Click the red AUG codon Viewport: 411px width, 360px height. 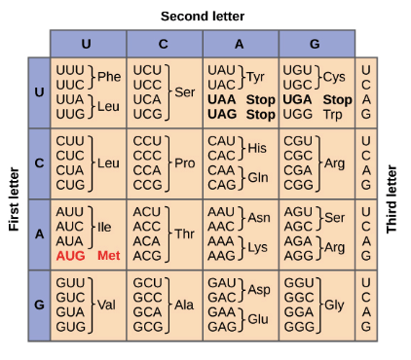pyautogui.click(x=70, y=256)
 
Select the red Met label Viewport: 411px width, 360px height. pyautogui.click(x=109, y=256)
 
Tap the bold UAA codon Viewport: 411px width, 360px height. pyautogui.click(x=222, y=99)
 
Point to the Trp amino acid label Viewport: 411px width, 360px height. pyautogui.click(x=332, y=115)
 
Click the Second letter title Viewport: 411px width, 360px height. pyautogui.click(x=203, y=17)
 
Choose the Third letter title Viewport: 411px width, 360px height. pyautogui.click(x=392, y=199)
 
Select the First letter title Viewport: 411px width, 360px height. pyautogui.click(x=14, y=199)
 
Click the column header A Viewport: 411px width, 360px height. pyautogui.click(x=240, y=44)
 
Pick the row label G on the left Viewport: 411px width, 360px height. pyautogui.click(x=39, y=305)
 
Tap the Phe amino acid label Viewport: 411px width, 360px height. pyautogui.click(x=109, y=77)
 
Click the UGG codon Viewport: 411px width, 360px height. pyautogui.click(x=298, y=114)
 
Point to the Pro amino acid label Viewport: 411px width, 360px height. pyautogui.click(x=185, y=163)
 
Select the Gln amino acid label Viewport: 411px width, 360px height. pyautogui.click(x=258, y=177)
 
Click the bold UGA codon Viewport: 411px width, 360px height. pyautogui.click(x=297, y=99)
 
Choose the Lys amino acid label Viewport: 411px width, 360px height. pyautogui.click(x=258, y=248)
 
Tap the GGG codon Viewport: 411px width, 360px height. pyautogui.click(x=299, y=327)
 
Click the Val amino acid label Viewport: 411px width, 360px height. pyautogui.click(x=106, y=305)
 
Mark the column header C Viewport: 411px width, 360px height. pyautogui.click(x=164, y=44)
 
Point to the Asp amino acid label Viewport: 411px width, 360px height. pyautogui.click(x=259, y=290)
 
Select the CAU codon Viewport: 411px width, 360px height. pyautogui.click(x=221, y=141)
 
